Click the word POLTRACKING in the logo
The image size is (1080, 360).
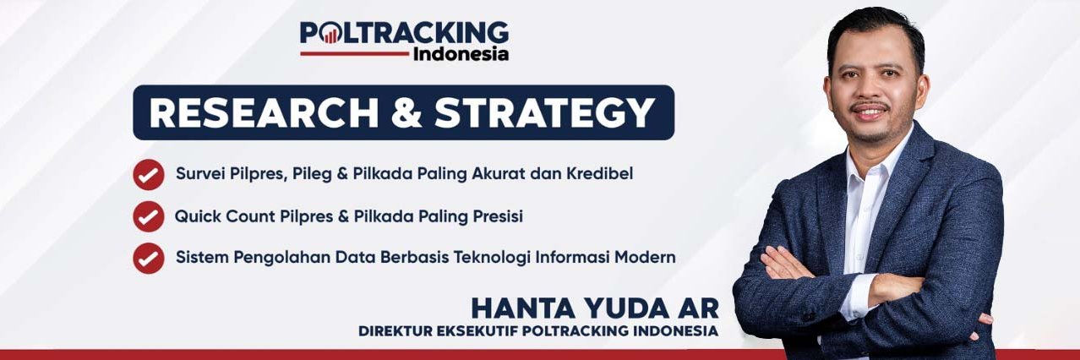point(405,33)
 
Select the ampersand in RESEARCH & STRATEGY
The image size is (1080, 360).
point(409,113)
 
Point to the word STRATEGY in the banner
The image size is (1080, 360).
point(545,113)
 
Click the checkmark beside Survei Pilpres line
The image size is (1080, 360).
point(149,175)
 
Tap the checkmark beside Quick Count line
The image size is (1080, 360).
point(149,216)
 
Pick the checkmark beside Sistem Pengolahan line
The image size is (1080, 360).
point(149,258)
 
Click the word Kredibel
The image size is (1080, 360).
point(599,174)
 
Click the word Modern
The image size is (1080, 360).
point(647,257)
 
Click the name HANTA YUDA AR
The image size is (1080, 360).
point(594,307)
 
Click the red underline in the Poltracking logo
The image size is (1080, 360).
point(354,53)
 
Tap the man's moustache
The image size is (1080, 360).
point(870,107)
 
